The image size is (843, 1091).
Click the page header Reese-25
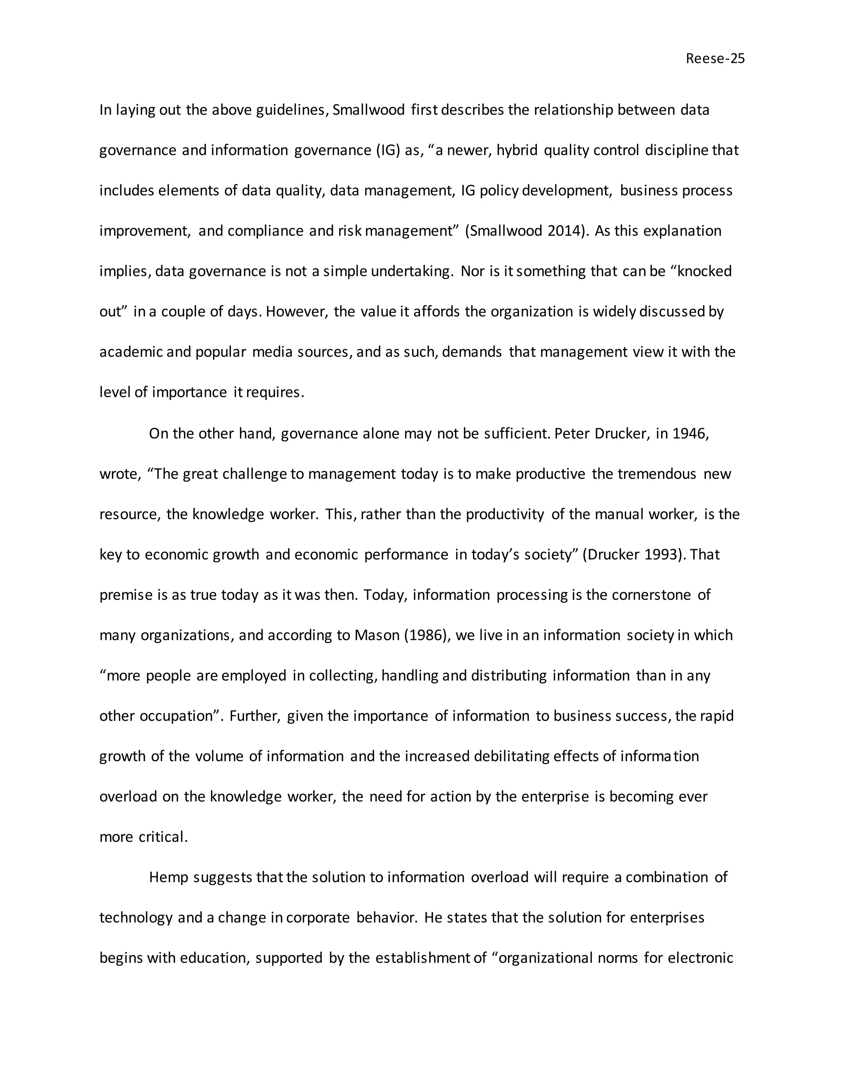715,59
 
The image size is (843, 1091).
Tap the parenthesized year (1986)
428,635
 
